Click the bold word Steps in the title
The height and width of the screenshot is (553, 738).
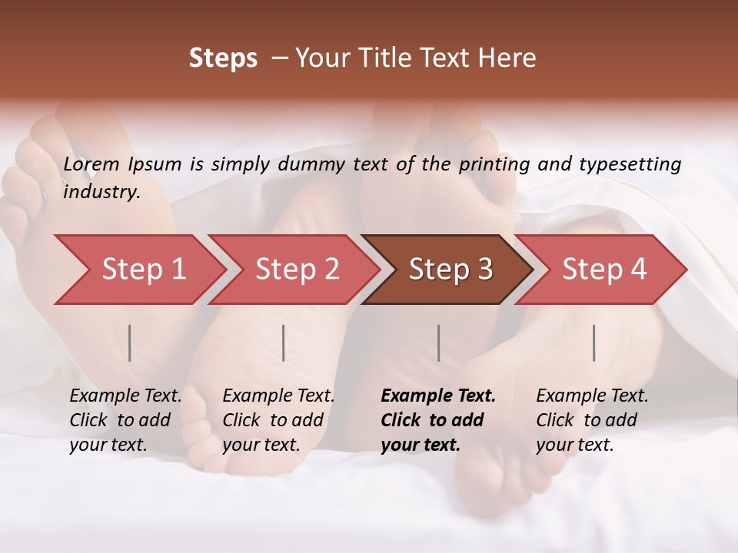tap(223, 58)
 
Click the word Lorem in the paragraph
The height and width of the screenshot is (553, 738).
tap(91, 164)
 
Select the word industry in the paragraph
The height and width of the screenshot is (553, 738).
tap(101, 191)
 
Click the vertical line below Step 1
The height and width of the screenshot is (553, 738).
tap(130, 343)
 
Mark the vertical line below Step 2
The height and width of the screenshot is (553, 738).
tap(284, 343)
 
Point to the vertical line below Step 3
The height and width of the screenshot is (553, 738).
tap(438, 343)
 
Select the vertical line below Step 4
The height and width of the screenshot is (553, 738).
tap(593, 343)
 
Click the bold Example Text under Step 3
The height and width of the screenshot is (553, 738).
tap(438, 396)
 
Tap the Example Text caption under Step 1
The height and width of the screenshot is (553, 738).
tap(125, 396)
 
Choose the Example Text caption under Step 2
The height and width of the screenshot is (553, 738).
tap(278, 396)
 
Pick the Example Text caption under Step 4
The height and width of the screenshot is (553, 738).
tap(592, 396)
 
